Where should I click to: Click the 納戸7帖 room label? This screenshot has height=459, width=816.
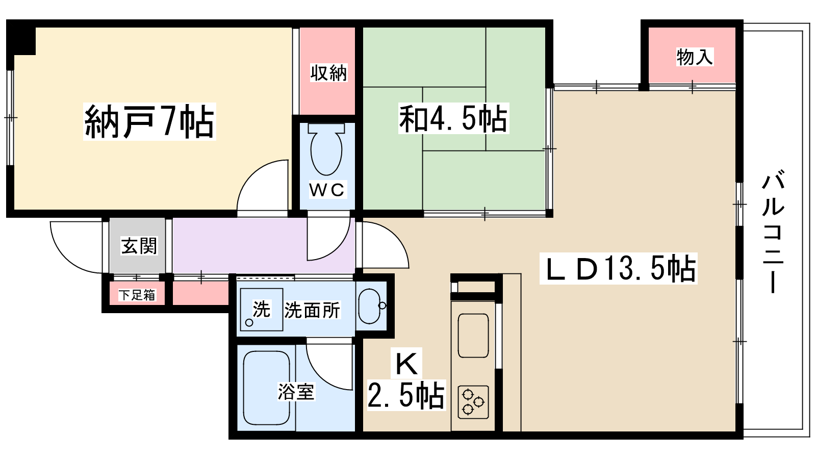pyautogui.click(x=149, y=121)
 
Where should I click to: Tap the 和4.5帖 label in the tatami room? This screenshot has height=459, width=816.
pyautogui.click(x=453, y=118)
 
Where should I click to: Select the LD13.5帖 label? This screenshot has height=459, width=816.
pyautogui.click(x=618, y=268)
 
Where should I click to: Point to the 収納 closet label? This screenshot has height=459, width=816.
pyautogui.click(x=328, y=73)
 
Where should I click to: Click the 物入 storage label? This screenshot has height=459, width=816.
pyautogui.click(x=694, y=57)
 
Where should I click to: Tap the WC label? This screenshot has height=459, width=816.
pyautogui.click(x=327, y=190)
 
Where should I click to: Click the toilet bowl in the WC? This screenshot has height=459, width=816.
pyautogui.click(x=326, y=151)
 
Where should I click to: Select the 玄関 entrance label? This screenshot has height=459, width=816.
pyautogui.click(x=139, y=246)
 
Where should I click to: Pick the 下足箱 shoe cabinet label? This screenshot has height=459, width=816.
pyautogui.click(x=137, y=295)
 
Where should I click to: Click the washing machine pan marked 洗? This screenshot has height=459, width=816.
pyautogui.click(x=261, y=310)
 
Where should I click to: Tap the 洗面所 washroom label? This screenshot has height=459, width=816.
pyautogui.click(x=312, y=310)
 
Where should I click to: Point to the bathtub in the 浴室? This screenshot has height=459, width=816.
pyautogui.click(x=266, y=388)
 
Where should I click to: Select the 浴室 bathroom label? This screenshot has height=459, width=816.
pyautogui.click(x=296, y=391)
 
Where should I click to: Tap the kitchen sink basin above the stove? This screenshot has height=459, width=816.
pyautogui.click(x=473, y=336)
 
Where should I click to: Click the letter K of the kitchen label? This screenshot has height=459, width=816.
pyautogui.click(x=406, y=363)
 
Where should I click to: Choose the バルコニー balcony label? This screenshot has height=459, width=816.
pyautogui.click(x=773, y=232)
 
